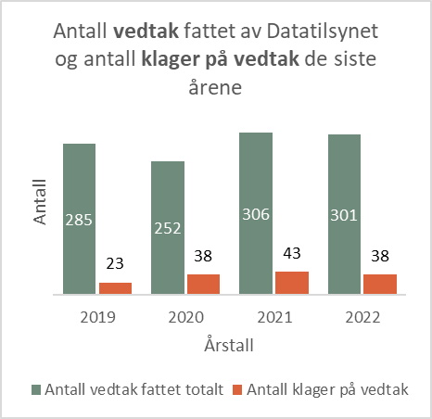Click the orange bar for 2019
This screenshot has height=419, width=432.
[x=115, y=288]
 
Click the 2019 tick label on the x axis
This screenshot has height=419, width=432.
[x=97, y=316]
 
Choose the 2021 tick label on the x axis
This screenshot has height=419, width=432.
[x=273, y=316]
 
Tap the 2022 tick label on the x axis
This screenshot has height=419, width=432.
[x=362, y=316]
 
